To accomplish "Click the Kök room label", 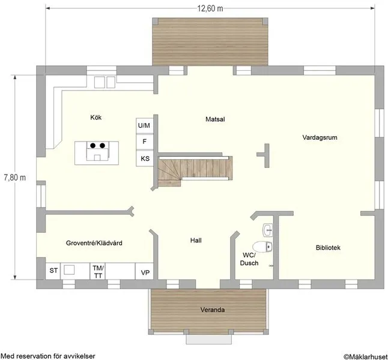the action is tap(95, 118).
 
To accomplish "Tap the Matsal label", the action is tap(215, 119).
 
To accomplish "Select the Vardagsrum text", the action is tap(320, 137).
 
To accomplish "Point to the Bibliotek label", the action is tap(328, 247).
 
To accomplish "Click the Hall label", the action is tap(196, 241).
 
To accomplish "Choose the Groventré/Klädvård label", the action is tap(94, 243).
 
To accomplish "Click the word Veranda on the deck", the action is tap(213, 310).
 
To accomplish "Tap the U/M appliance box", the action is tap(145, 126).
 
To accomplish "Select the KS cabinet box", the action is tap(145, 158).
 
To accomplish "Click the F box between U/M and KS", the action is tap(145, 142).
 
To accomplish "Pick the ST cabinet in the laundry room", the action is tap(53, 271).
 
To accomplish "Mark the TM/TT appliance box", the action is tap(98, 271).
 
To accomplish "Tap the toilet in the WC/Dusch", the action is tap(262, 247).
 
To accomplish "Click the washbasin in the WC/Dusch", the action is tap(268, 230).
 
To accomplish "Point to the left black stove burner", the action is tap(92, 145).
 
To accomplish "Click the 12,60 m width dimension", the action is tap(210, 8).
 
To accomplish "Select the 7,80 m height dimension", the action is tap(14, 178).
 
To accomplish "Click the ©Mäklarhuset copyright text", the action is tap(365, 356).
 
